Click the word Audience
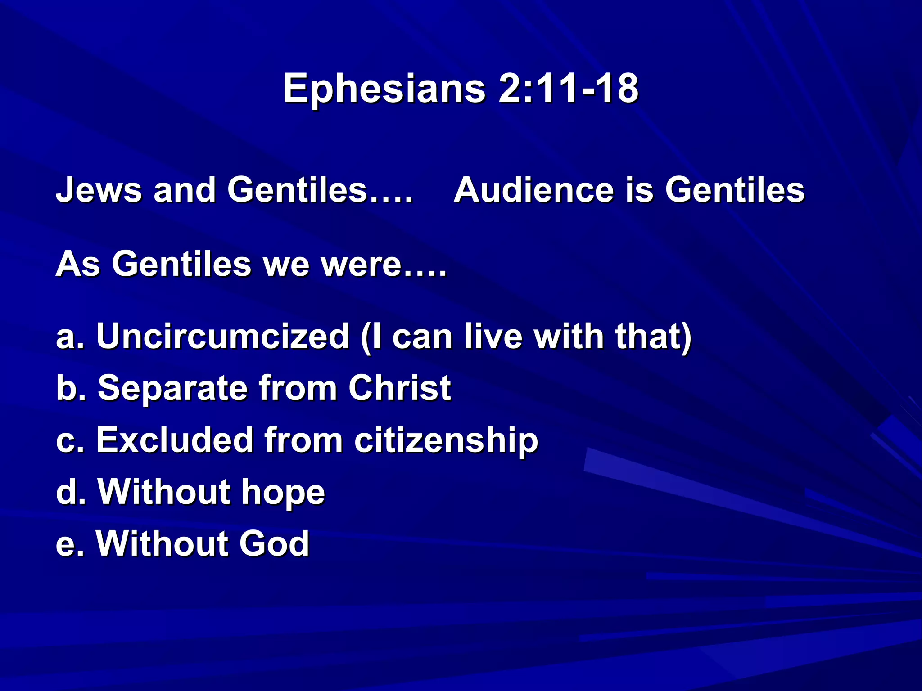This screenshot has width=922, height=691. pos(533,190)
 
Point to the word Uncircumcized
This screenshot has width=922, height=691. pos(222,336)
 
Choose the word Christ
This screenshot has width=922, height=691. pos(399,388)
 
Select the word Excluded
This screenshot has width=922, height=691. pos(174,440)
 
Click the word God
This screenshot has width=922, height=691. pos(274,543)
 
